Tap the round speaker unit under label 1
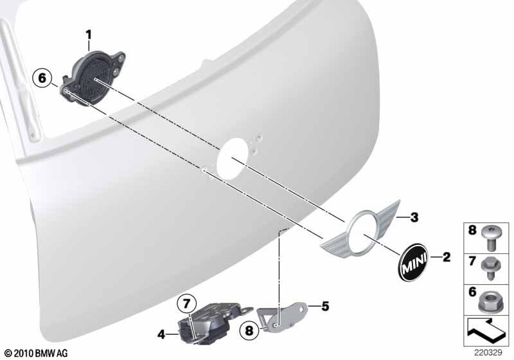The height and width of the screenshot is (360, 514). coord(91,78)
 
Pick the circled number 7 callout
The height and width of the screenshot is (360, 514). coord(186,303)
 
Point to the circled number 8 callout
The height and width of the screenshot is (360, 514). coord(249,330)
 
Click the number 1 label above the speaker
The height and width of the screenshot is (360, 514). coord(89,35)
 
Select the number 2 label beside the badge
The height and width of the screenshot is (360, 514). coord(447,256)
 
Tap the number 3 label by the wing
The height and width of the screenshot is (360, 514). coord(414,217)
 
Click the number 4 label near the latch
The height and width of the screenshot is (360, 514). coord(161,334)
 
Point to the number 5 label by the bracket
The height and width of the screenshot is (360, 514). coord(325,306)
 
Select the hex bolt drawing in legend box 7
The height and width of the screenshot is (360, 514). coord(491,267)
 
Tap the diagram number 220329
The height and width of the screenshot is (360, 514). coord(488,353)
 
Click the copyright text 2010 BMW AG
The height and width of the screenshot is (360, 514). coord(37,354)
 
